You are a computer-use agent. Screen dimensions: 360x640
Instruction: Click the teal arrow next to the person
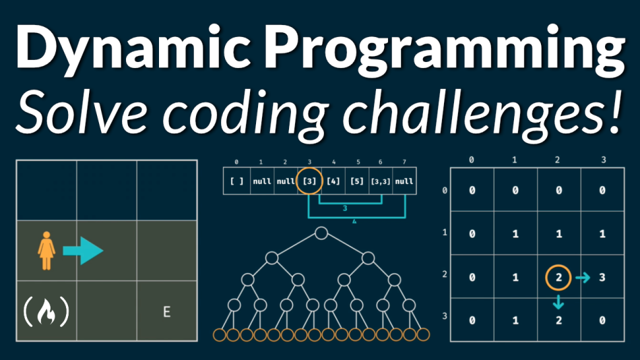pos(82,251)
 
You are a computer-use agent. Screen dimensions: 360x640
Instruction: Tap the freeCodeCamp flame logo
pos(46,311)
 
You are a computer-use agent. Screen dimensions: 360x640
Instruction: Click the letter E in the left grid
pos(166,311)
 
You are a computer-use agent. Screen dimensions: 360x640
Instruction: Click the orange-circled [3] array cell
pos(309,181)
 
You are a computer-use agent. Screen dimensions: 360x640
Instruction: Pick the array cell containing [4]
pos(333,181)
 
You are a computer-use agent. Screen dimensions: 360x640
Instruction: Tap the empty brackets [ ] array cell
pos(236,181)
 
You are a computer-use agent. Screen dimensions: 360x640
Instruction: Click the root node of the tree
pos(321,233)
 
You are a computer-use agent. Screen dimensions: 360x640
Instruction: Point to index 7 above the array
pos(404,162)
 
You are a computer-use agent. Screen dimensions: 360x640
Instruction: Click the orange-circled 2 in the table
pos(558,276)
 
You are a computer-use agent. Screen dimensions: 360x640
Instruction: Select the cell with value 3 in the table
pos(602,276)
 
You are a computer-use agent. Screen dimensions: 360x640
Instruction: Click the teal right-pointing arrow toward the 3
pos(582,276)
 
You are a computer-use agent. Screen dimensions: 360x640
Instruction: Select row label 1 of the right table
pos(444,233)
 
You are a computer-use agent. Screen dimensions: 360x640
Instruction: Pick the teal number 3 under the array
pos(344,209)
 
